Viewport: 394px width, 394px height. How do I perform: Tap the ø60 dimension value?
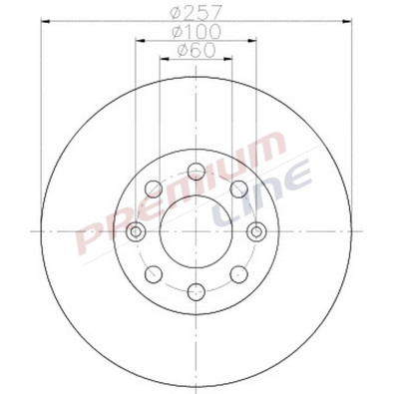[x=196, y=51]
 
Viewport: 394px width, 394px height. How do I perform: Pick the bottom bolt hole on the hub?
[x=197, y=291]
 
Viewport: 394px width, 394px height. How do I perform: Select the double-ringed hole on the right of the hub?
[x=256, y=231]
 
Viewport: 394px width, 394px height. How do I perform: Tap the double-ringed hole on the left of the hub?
[x=137, y=231]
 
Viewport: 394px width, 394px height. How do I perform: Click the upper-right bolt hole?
[x=239, y=189]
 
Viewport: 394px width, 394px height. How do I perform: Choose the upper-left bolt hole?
[x=154, y=189]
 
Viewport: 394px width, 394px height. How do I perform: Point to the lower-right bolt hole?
[x=239, y=273]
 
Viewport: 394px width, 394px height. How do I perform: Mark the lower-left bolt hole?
[x=154, y=273]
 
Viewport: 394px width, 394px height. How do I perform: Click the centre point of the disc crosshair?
[x=197, y=231]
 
